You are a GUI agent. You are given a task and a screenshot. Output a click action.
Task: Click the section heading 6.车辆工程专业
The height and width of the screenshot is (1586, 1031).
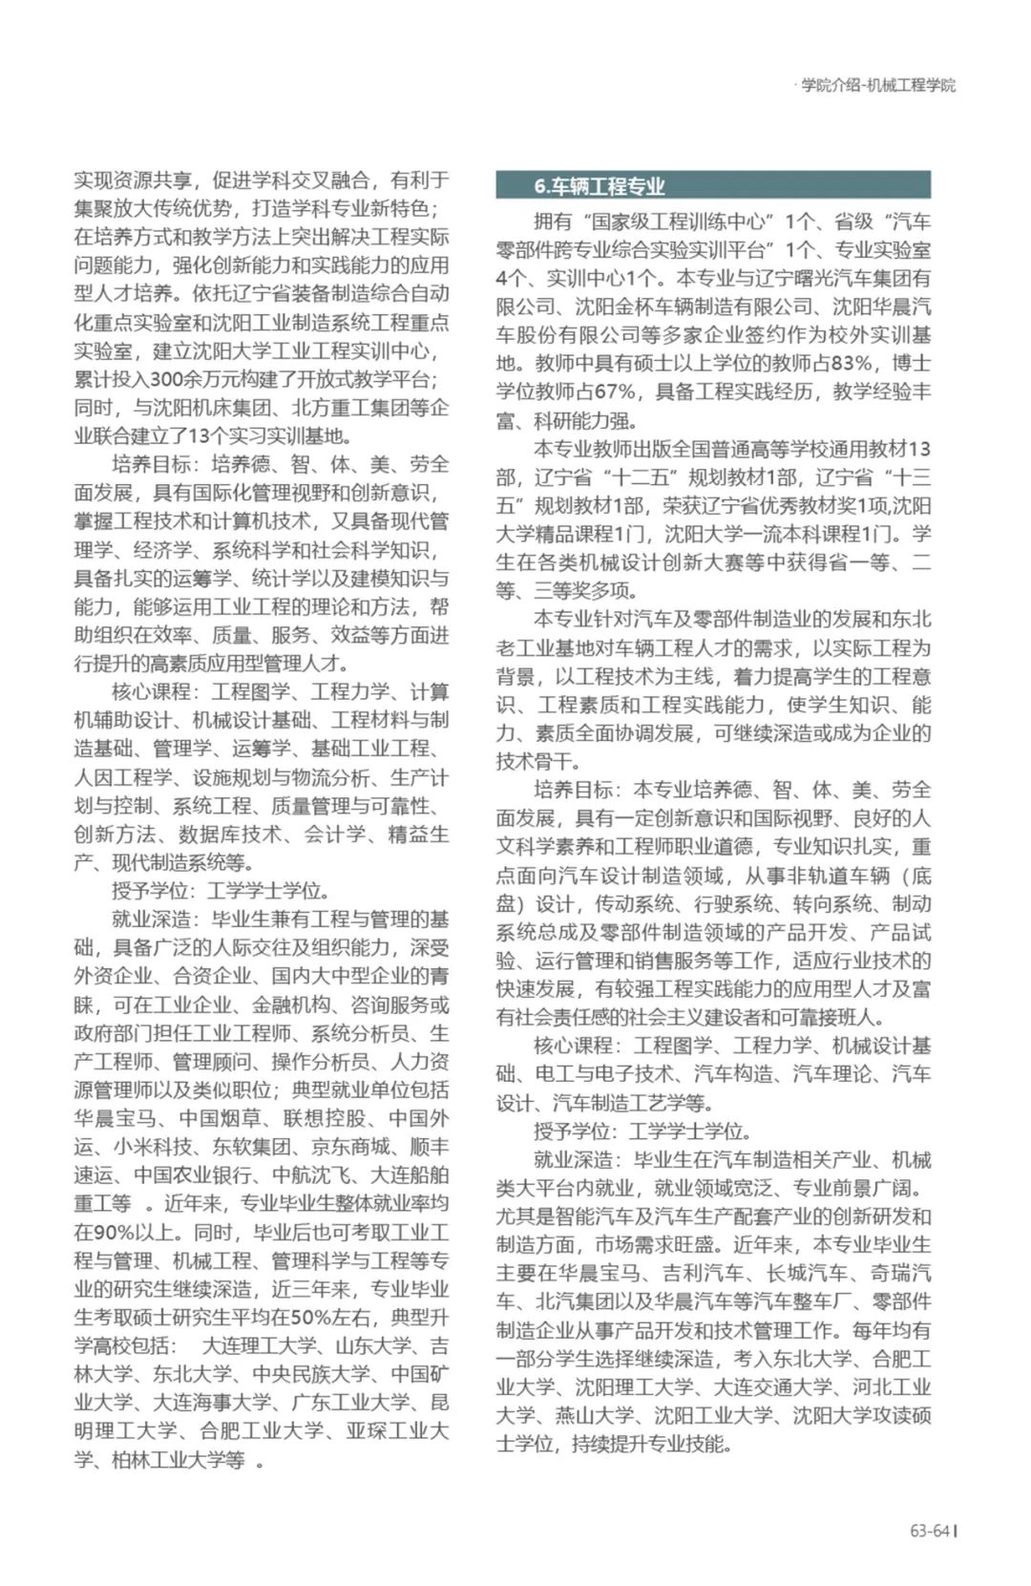click(600, 186)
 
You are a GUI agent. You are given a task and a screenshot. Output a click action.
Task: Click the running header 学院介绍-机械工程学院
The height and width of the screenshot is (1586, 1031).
click(877, 85)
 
